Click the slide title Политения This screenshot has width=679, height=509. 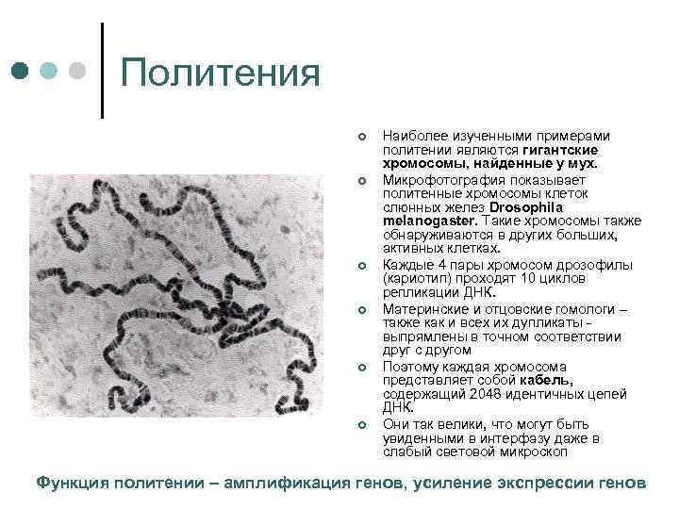222,73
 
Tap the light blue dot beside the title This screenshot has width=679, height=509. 49,71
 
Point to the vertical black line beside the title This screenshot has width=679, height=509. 101,70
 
